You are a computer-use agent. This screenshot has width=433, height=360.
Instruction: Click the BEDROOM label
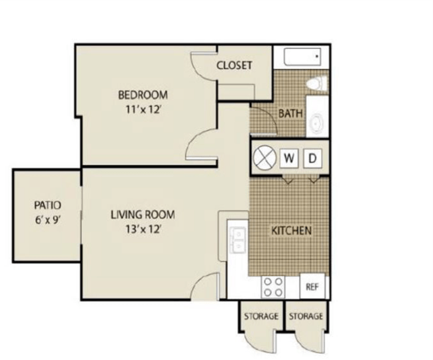pos(143,95)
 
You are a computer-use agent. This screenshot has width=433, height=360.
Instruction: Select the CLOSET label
pos(234,65)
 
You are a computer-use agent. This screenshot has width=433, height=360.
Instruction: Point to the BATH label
pos(290,113)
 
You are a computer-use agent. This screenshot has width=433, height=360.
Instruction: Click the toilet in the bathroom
pos(316,84)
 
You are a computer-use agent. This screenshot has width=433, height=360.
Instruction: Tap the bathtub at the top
pos(302,57)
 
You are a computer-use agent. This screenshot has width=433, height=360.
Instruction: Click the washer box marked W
pos(289,159)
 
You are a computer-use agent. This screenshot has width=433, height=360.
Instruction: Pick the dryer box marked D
pos(313,159)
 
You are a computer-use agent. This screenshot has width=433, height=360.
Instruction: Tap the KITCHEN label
pos(291,231)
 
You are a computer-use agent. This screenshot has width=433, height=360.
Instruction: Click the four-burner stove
pos(272,287)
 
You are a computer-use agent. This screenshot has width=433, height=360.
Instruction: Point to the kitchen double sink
pos(237,240)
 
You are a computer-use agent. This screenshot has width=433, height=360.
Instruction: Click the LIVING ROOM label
pos(143,215)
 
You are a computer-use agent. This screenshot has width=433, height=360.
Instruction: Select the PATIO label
pos(47,205)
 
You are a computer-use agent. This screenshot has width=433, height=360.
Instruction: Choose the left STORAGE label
pos(260,316)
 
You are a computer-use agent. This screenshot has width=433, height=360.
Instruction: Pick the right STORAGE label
pos(306,316)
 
